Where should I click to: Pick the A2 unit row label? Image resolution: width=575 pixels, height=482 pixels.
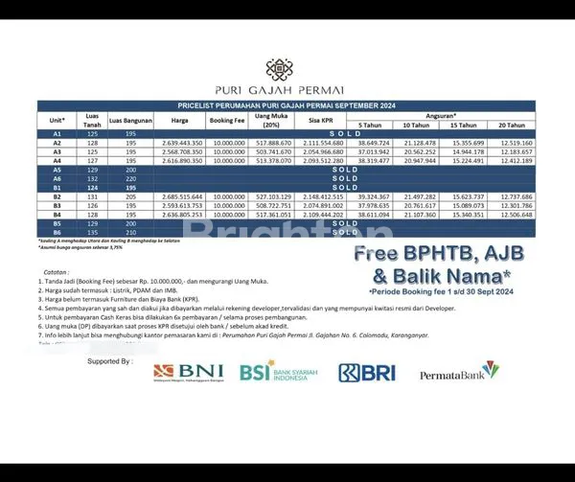(x=57, y=143)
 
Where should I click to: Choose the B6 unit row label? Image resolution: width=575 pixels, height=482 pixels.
(x=57, y=233)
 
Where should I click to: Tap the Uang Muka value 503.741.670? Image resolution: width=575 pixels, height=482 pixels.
(x=275, y=151)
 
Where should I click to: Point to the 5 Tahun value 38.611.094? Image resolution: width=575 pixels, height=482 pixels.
(x=374, y=215)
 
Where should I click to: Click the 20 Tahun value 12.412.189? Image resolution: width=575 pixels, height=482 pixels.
(x=516, y=161)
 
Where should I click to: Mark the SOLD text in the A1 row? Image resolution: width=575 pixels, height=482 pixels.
(x=346, y=134)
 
